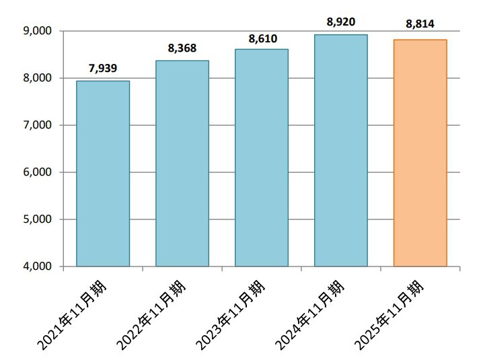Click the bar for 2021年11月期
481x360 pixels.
tap(103, 174)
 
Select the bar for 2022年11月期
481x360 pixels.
tap(182, 164)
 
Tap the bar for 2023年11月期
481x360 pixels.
tap(262, 157)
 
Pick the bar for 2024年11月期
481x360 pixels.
tap(341, 150)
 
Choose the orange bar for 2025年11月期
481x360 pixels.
tap(420, 153)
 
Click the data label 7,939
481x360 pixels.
tap(103, 68)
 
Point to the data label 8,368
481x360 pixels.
tap(182, 48)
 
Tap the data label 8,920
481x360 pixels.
tap(341, 22)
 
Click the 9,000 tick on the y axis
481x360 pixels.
tap(38, 31)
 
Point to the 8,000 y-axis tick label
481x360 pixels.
tap(38, 78)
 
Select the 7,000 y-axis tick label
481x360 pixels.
tap(38, 125)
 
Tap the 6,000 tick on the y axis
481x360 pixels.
tap(38, 172)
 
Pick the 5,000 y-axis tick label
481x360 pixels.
tap(38, 219)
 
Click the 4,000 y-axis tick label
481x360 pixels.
tap(38, 266)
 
